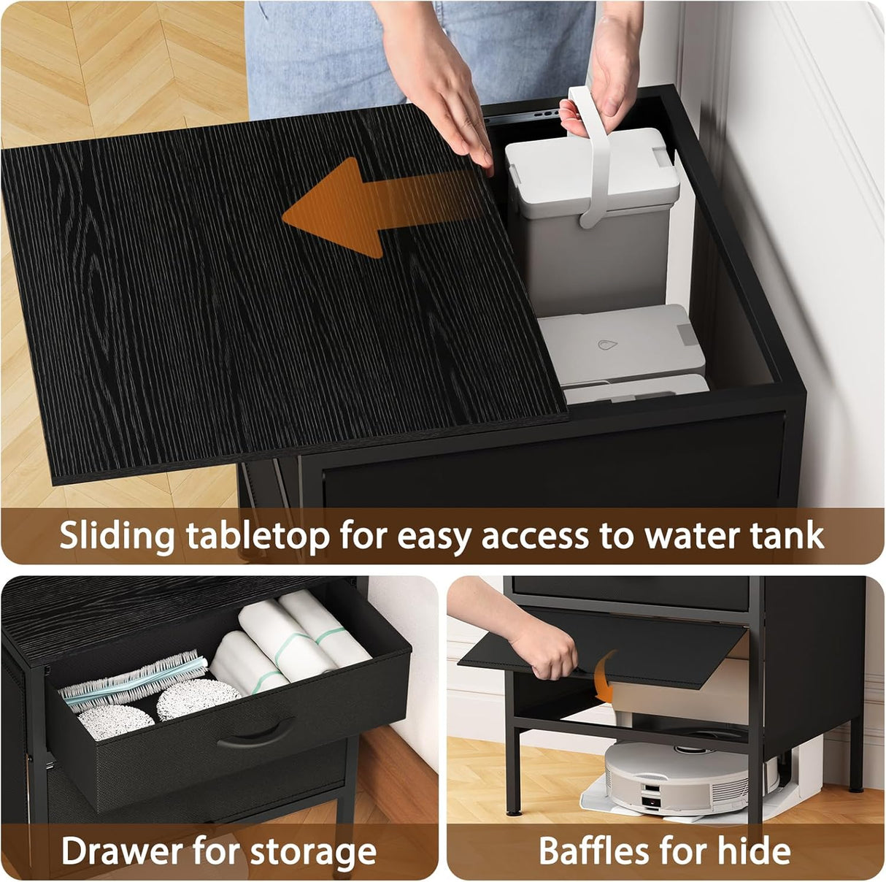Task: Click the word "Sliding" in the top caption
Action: [x=116, y=536]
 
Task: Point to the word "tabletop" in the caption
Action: [x=257, y=536]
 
